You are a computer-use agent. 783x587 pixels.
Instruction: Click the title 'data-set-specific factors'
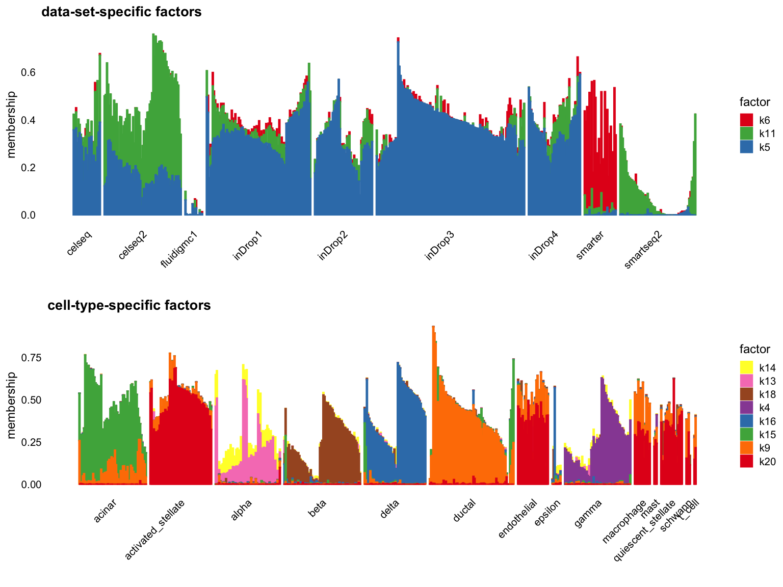coord(121,12)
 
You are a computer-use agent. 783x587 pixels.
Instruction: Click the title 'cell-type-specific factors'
coord(129,305)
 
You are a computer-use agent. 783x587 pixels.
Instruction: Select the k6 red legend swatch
coord(746,120)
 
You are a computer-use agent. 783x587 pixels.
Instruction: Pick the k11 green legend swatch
coord(746,134)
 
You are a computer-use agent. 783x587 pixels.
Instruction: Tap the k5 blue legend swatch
coord(746,147)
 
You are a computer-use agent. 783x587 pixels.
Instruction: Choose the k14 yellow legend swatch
coord(746,367)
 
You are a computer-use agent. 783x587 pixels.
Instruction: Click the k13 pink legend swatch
coord(746,381)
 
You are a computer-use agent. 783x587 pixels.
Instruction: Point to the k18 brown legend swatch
coord(746,394)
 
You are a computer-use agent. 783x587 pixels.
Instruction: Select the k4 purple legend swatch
coord(746,408)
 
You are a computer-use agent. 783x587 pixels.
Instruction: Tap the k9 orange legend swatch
coord(746,448)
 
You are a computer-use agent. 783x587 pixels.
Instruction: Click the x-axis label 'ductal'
coord(464,511)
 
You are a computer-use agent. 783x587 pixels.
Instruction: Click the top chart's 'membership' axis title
coord(11,124)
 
